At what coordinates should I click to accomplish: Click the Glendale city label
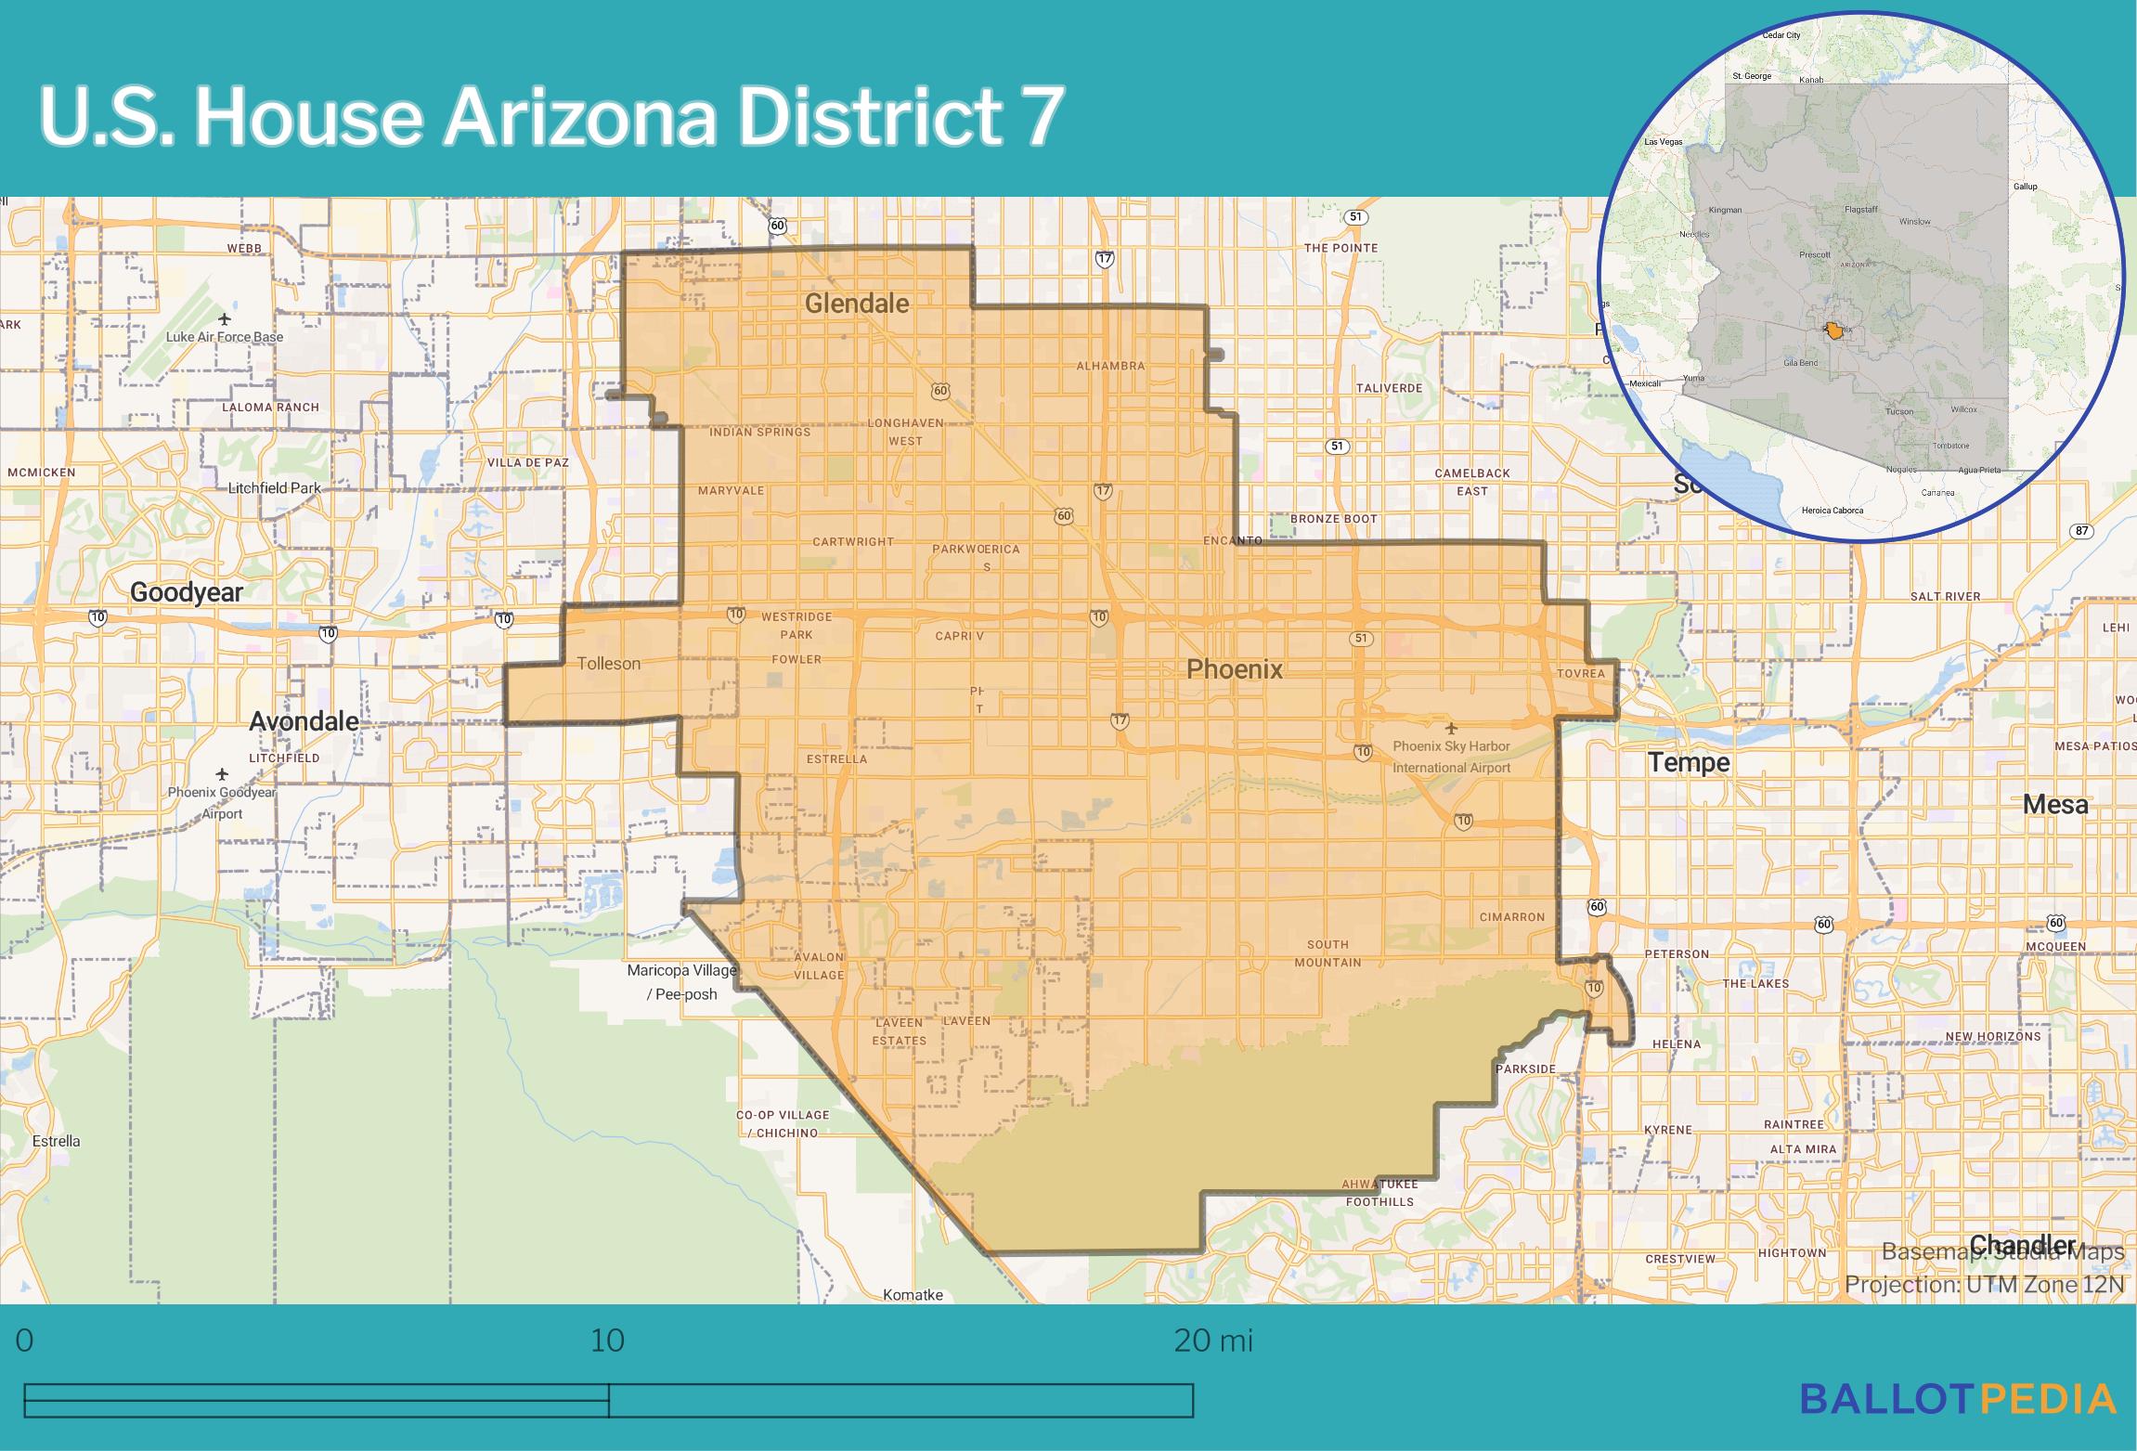click(856, 304)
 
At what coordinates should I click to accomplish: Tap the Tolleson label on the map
click(609, 664)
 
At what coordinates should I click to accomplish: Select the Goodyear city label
click(187, 592)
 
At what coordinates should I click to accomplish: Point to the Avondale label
click(304, 721)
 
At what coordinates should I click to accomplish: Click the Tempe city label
click(1689, 763)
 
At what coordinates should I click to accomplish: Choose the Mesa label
click(2055, 805)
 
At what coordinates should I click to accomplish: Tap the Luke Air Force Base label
click(225, 337)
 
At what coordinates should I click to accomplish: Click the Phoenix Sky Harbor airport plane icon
click(1451, 729)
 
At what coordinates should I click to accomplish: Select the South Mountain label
click(1328, 953)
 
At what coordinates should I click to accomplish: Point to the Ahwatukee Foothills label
click(1380, 1193)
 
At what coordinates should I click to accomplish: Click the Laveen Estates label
click(899, 1031)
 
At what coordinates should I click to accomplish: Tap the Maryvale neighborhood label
click(731, 490)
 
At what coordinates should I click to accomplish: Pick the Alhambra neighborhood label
click(1110, 366)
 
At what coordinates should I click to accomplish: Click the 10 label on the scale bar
click(608, 1341)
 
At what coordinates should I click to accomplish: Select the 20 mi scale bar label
click(1212, 1341)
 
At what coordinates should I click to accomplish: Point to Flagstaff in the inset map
click(1860, 210)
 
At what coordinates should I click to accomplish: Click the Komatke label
click(913, 1295)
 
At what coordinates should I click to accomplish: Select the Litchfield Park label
click(275, 488)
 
